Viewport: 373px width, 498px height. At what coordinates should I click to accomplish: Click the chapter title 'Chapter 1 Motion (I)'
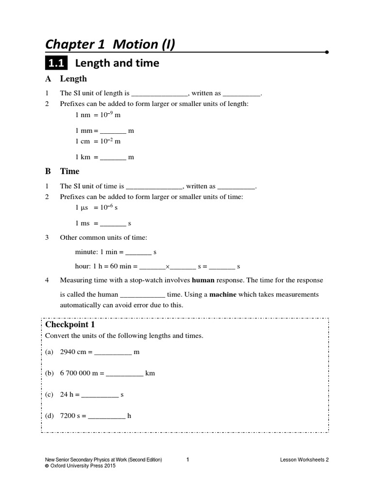110,45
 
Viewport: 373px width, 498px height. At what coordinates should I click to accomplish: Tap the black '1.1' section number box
57,64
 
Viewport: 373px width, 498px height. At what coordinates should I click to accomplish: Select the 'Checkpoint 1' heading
70,324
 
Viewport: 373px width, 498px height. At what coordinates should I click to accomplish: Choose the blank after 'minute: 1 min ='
139,253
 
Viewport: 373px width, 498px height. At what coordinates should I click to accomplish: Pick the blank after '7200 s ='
106,416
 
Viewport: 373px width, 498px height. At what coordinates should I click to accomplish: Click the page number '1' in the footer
187,459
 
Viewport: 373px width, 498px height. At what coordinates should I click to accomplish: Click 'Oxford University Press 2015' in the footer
83,465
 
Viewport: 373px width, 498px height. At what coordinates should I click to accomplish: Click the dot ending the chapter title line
327,52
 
